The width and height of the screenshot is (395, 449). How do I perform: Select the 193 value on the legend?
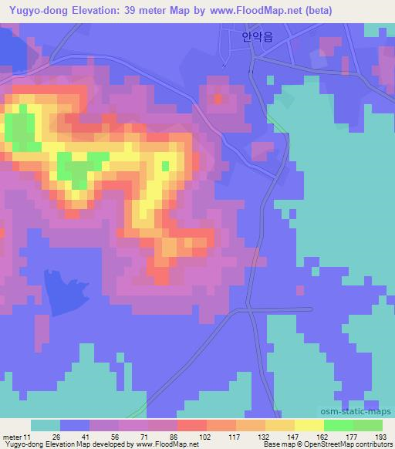[381, 436]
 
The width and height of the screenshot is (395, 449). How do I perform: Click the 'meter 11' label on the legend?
[17, 436]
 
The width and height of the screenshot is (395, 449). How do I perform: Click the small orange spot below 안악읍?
[218, 98]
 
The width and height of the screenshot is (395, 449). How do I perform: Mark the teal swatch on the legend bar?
[45, 425]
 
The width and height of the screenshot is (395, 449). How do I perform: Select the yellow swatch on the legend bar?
[309, 425]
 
